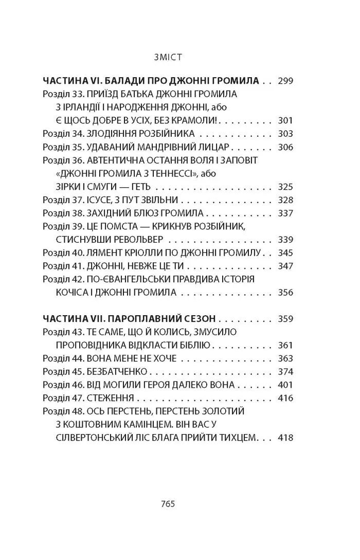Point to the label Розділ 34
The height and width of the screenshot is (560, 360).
click(63, 134)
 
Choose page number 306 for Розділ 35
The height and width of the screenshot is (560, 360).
click(284, 147)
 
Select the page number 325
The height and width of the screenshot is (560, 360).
click(284, 187)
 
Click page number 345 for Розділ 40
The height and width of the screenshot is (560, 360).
click(284, 253)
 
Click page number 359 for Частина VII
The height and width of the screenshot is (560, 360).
click(284, 319)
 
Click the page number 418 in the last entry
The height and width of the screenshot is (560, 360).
click(284, 438)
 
